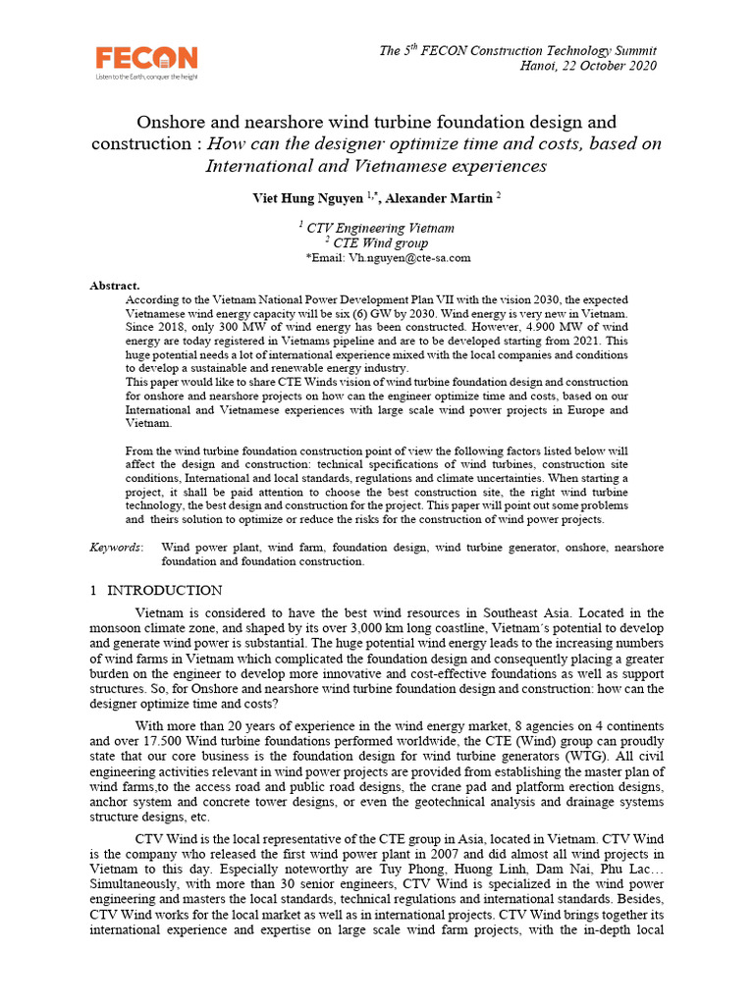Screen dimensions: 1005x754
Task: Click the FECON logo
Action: coord(145,57)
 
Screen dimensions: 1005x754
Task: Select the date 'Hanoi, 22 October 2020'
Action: coord(586,66)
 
